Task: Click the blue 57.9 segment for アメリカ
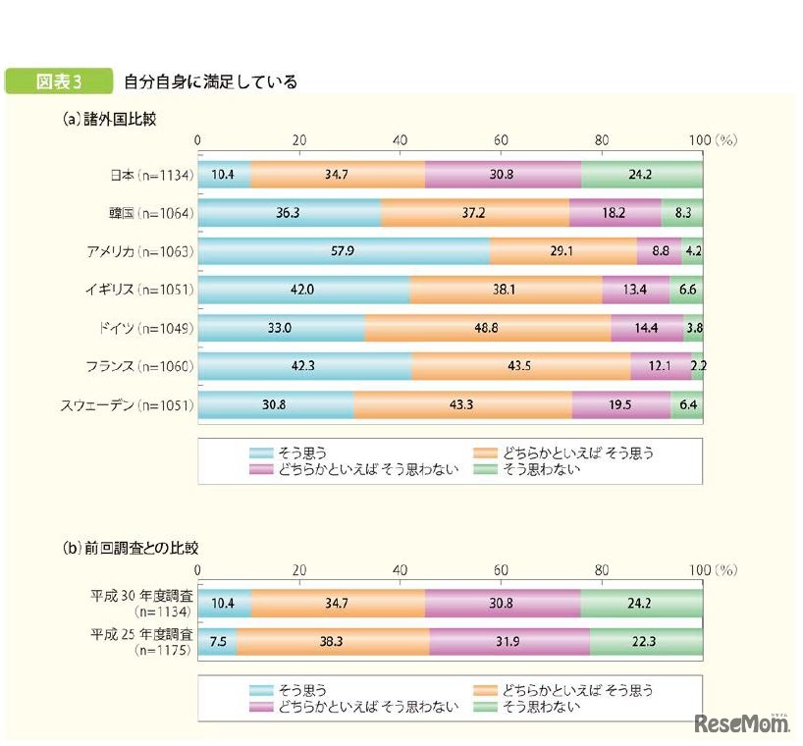[344, 251]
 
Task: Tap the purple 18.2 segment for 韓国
[615, 213]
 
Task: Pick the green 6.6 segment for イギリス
[686, 289]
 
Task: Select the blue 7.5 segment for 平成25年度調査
[217, 639]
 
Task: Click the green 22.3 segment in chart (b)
[646, 639]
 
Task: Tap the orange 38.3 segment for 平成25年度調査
[333, 639]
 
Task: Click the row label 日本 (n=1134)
[150, 176]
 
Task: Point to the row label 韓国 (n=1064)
[150, 213]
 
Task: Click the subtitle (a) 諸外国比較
[108, 118]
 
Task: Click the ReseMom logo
[742, 724]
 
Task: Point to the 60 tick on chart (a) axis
[501, 140]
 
